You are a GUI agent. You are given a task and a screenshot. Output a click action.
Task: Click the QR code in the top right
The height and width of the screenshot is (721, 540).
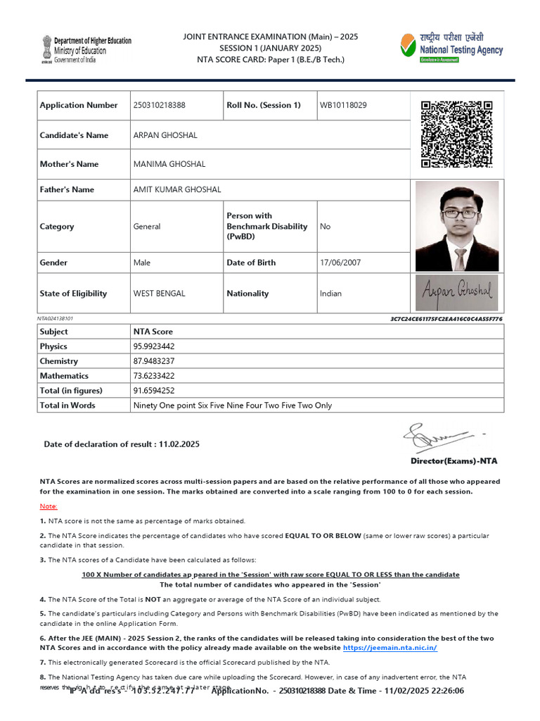pos(456,134)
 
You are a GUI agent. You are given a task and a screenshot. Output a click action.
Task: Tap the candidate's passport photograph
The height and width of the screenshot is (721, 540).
pos(457,226)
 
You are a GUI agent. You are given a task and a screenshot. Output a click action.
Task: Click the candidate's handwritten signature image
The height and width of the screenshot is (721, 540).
pos(457,292)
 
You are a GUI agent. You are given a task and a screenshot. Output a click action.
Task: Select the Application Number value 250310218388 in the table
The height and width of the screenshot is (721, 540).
pos(160,105)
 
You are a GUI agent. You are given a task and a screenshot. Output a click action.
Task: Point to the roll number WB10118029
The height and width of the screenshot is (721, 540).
pos(343,105)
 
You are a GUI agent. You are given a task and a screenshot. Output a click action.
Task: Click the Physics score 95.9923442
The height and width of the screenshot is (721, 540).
pos(154,346)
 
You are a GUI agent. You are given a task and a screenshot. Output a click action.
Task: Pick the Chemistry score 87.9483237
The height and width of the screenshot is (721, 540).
pos(154,361)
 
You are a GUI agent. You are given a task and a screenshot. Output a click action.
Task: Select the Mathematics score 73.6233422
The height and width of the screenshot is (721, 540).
pos(154,376)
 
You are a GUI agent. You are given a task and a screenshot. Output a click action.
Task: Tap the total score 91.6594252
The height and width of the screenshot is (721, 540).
pos(154,391)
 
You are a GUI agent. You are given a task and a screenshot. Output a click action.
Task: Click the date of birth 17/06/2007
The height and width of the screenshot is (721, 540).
pos(340,263)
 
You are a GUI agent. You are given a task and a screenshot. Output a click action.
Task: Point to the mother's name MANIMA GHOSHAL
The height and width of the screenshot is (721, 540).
pos(169,164)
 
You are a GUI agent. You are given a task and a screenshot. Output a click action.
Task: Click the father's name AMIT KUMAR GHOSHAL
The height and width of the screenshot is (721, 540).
pos(177,189)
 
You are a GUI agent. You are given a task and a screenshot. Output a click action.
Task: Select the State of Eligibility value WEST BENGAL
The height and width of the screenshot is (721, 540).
pos(160,294)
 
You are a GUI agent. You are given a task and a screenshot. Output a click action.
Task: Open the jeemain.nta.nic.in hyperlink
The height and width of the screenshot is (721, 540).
pos(390,648)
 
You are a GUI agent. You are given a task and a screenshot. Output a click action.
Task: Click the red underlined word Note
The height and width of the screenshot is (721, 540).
pos(48,506)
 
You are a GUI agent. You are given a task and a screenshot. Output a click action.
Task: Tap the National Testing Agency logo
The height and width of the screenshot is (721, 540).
pos(451,48)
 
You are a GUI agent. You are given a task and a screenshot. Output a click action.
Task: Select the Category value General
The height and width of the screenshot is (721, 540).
pos(147,227)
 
